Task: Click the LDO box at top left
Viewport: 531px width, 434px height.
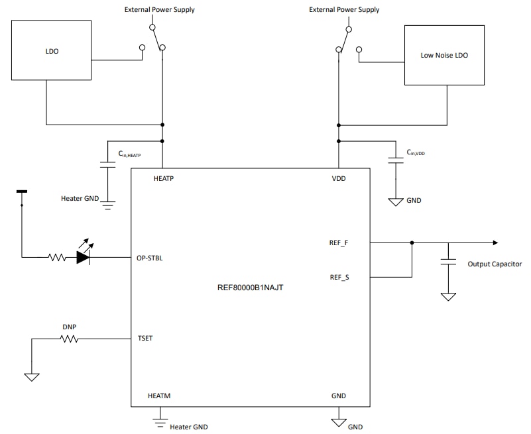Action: click(x=51, y=50)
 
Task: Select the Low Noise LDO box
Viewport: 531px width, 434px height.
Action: click(x=444, y=56)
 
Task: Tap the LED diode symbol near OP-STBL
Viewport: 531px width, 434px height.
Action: click(x=84, y=257)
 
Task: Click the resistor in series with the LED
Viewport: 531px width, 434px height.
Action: click(x=57, y=257)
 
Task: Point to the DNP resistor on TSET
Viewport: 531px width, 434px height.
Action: click(x=69, y=339)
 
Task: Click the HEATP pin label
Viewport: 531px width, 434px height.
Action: click(x=164, y=179)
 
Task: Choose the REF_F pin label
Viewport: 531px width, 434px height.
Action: click(x=339, y=243)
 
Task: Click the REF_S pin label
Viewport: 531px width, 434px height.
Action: click(x=339, y=277)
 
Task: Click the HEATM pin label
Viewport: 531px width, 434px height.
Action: click(x=160, y=396)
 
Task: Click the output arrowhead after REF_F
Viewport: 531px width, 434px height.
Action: click(x=494, y=243)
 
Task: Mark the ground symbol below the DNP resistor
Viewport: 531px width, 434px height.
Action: click(x=31, y=378)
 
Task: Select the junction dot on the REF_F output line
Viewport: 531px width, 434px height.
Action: click(x=412, y=243)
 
